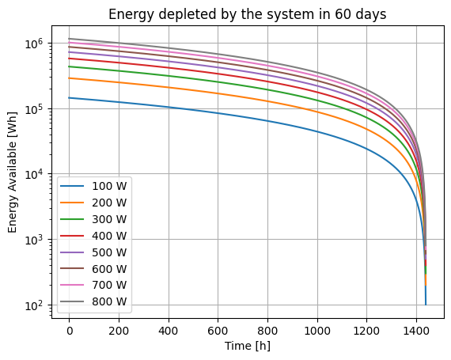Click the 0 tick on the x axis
click(70, 330)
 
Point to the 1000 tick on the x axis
click(317, 330)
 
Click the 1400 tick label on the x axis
click(416, 330)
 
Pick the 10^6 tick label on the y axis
click(36, 44)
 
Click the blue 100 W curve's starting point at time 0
click(70, 98)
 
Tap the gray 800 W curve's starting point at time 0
click(70, 39)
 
